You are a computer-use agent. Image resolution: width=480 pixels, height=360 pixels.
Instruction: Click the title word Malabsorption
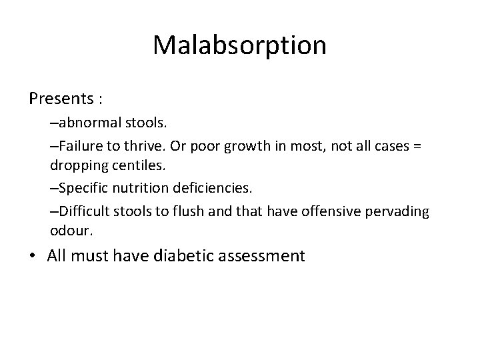click(x=239, y=46)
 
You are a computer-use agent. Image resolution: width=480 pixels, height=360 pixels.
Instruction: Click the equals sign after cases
click(x=416, y=145)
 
